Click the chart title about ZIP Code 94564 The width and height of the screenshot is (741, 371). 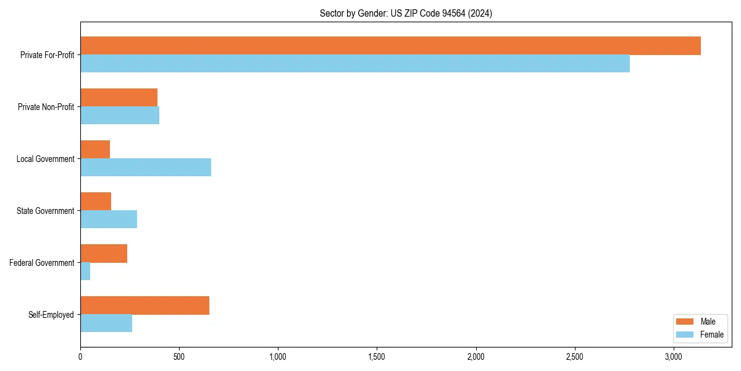pyautogui.click(x=406, y=13)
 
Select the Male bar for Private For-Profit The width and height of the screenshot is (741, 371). pyautogui.click(x=390, y=46)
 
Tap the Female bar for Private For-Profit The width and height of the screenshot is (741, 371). pyautogui.click(x=355, y=64)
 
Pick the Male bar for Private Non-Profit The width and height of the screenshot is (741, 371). pyautogui.click(x=119, y=98)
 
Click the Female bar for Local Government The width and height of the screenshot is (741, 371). pyautogui.click(x=146, y=168)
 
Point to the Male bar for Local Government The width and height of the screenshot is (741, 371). pyautogui.click(x=95, y=150)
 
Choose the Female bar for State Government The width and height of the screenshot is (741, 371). pyautogui.click(x=109, y=220)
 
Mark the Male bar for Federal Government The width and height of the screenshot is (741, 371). pyautogui.click(x=104, y=254)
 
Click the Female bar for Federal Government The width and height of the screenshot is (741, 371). pyautogui.click(x=85, y=271)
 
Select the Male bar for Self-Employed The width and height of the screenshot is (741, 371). pyautogui.click(x=144, y=305)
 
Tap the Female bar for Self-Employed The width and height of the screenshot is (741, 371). pyautogui.click(x=106, y=323)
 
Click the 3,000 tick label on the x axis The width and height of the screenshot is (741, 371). pyautogui.click(x=674, y=357)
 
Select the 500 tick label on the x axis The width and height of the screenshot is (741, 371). pyautogui.click(x=179, y=357)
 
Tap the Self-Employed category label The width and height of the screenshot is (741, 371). pyautogui.click(x=51, y=315)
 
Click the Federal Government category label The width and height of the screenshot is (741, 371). pyautogui.click(x=42, y=263)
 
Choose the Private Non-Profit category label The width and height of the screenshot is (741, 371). pyautogui.click(x=46, y=107)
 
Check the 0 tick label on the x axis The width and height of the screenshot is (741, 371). pyautogui.click(x=80, y=357)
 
